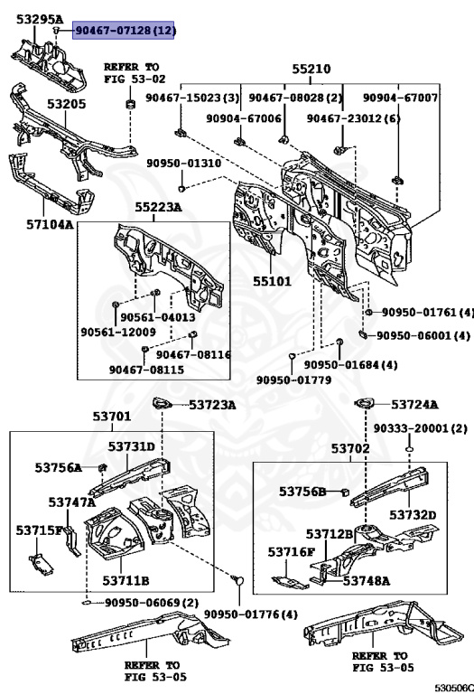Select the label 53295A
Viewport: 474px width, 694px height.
35,19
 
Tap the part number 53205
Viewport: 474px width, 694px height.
66,104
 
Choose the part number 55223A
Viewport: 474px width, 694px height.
158,207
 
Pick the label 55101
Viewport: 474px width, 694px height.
271,281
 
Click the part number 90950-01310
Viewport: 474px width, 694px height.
183,164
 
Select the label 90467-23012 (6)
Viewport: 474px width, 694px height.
353,118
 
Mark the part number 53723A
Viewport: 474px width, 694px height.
212,405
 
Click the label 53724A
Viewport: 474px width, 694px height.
414,405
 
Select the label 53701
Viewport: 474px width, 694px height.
111,417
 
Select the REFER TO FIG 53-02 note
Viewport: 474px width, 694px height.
131,73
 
